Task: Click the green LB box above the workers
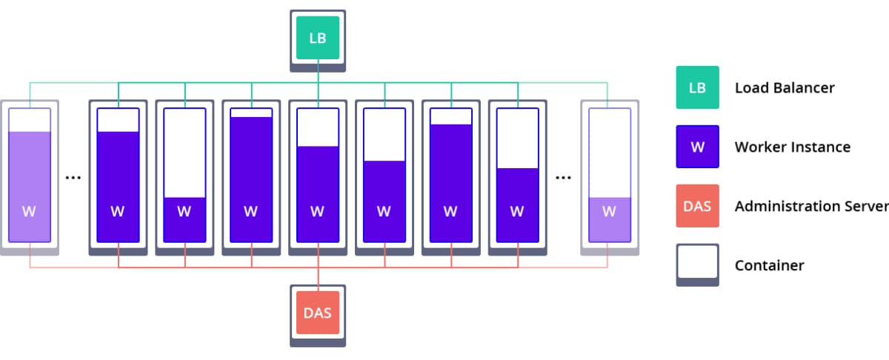318,38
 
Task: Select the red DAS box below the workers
318,313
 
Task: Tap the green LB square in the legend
697,87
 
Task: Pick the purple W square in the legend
697,147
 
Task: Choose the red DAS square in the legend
697,206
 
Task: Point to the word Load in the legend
751,88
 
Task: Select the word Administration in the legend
786,207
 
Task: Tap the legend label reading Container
769,265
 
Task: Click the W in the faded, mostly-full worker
29,211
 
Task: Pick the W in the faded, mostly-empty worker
609,211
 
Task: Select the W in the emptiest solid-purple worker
184,211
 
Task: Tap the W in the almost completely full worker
251,211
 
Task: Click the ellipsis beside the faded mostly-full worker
73,178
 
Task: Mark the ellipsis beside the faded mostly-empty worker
564,178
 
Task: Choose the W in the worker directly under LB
318,211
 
